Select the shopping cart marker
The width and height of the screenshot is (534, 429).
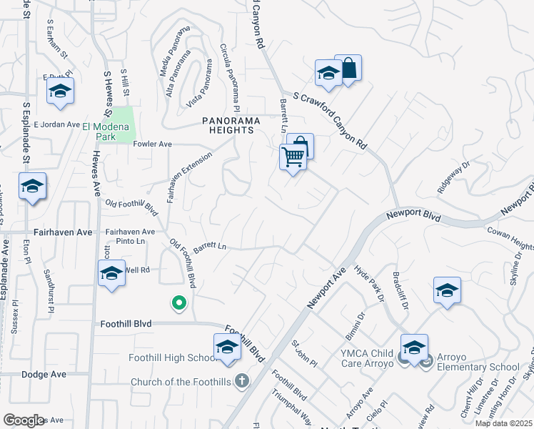[292, 157]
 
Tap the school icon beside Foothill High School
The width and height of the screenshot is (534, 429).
[227, 347]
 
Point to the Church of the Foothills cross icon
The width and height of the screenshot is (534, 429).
[242, 381]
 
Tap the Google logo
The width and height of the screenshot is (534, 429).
[24, 420]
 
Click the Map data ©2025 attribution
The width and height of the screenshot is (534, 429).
[504, 423]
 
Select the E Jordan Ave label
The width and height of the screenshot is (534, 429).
[56, 124]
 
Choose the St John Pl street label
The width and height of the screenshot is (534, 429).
[304, 353]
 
